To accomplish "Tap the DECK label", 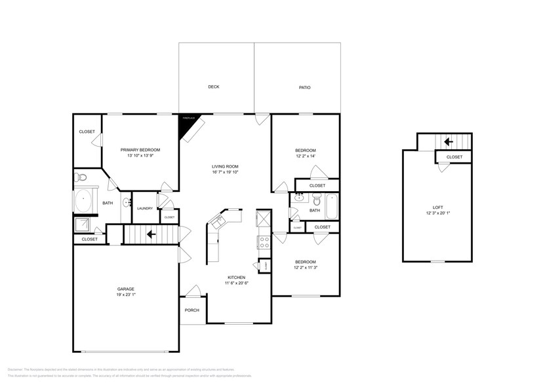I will click(213, 87).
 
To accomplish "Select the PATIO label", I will click(304, 87).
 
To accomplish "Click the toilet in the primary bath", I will click(81, 177).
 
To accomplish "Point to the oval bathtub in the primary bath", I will click(85, 202).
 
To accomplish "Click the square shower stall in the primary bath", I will click(83, 225).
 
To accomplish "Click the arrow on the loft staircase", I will click(449, 141).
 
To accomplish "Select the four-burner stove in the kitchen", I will click(265, 243).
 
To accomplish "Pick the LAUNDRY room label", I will click(144, 208).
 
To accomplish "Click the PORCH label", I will click(192, 310).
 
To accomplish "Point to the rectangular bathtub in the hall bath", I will click(332, 206).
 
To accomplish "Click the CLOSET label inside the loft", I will click(454, 157).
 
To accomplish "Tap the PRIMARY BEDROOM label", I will click(140, 150).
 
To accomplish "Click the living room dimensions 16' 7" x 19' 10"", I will click(224, 173).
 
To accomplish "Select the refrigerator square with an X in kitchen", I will click(264, 218).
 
